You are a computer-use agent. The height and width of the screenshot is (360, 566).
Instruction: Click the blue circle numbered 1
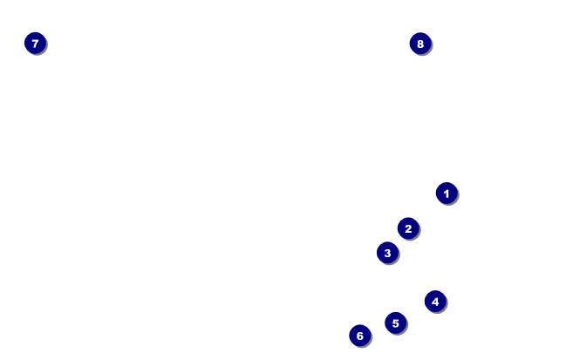tap(447, 194)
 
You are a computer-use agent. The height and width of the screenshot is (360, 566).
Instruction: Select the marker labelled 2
tap(408, 228)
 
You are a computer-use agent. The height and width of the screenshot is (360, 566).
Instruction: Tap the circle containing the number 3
tap(387, 253)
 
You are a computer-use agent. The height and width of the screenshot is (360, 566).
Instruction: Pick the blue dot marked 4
tap(435, 302)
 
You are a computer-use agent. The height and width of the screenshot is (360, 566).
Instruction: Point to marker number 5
tap(395, 323)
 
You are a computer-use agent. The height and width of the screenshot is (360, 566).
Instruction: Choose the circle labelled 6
tap(360, 336)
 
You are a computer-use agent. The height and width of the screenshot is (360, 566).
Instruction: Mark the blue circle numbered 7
tap(35, 43)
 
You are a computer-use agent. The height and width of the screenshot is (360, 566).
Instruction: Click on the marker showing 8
tap(420, 44)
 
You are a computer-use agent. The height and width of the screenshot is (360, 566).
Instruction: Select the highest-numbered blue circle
tap(420, 44)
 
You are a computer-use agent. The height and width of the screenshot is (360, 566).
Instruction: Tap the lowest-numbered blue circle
tap(447, 194)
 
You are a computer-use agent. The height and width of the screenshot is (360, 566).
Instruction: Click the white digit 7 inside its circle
tap(35, 43)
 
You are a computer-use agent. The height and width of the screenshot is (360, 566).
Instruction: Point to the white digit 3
tap(387, 253)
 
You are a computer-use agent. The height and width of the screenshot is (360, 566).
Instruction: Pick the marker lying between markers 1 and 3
tap(408, 228)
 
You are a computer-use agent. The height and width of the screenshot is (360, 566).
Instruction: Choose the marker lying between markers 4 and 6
tap(395, 323)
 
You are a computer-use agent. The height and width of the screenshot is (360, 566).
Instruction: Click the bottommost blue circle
tap(360, 336)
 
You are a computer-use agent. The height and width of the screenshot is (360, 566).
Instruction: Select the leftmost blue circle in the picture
tap(35, 43)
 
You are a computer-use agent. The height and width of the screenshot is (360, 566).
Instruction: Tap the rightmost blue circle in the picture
tap(447, 194)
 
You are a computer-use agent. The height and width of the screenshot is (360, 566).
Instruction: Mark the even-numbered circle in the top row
tap(420, 44)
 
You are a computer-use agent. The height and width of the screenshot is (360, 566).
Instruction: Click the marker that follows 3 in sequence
tap(435, 302)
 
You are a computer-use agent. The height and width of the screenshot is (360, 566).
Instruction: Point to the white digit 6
tap(360, 336)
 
